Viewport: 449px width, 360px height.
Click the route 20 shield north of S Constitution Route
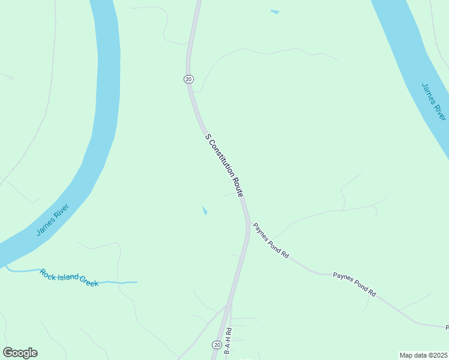(188, 79)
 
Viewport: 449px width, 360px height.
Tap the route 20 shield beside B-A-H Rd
(216, 344)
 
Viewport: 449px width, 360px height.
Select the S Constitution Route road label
(224, 166)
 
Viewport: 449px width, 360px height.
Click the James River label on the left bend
(53, 220)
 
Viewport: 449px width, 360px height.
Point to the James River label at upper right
(433, 100)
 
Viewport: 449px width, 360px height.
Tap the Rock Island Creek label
(69, 277)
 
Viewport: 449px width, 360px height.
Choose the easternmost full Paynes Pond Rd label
(354, 285)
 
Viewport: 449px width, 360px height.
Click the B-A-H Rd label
(228, 341)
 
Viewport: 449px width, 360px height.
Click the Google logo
(20, 353)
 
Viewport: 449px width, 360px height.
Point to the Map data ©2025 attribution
(423, 355)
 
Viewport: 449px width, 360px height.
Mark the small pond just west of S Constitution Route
(205, 211)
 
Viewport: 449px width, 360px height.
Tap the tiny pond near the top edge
(274, 11)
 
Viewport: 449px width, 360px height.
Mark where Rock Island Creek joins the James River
(7, 266)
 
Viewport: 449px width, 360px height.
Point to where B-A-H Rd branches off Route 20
(231, 304)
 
